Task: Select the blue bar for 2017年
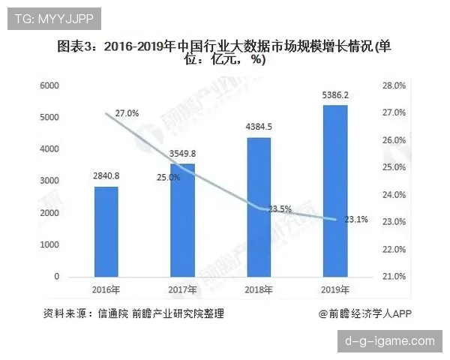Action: coord(182,220)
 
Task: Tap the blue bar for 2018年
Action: coord(259,207)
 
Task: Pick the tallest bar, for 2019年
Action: coord(334,190)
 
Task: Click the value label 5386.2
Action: coord(334,95)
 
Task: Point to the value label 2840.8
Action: coord(106,177)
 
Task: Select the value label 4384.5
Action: coord(259,127)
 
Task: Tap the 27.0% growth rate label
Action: coord(127,113)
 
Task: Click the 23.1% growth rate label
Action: coord(355,220)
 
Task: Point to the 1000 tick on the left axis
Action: coord(49,244)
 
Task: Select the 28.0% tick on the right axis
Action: coord(394,85)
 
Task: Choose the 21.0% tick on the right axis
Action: coord(394,277)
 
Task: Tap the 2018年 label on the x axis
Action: coord(259,289)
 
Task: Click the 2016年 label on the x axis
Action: coord(106,289)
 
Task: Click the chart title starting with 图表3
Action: coord(225,53)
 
